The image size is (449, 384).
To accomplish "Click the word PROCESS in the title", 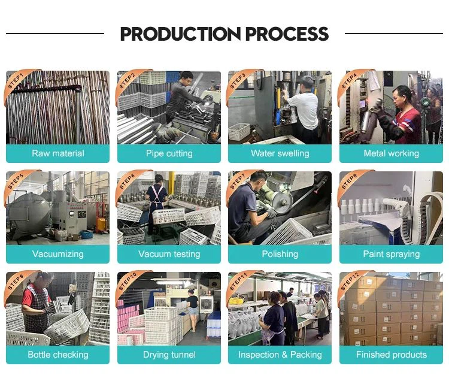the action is [x=287, y=34].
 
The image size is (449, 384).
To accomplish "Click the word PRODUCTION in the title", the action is [x=180, y=34].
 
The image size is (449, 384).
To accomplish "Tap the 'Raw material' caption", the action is [x=58, y=153].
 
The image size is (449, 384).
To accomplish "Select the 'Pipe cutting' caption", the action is [x=169, y=153].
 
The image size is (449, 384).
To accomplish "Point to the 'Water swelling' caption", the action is [x=280, y=153].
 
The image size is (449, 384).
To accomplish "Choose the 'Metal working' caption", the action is [x=391, y=153].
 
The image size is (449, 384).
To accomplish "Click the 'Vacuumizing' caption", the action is [x=58, y=254].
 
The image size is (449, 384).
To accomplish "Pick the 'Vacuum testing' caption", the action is [x=169, y=254].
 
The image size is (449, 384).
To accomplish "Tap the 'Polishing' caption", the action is [x=280, y=254].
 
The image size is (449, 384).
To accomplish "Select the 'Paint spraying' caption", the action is [x=391, y=254].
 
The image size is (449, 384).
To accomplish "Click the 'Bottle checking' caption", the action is [x=58, y=355].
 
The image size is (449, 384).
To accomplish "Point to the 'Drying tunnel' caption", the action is [x=169, y=355].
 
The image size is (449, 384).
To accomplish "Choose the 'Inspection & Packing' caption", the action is [x=280, y=355].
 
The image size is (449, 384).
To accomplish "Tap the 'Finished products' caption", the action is [x=391, y=355].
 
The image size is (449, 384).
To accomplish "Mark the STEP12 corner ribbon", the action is [x=351, y=284].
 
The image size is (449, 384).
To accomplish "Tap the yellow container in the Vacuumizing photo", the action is [x=101, y=225].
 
